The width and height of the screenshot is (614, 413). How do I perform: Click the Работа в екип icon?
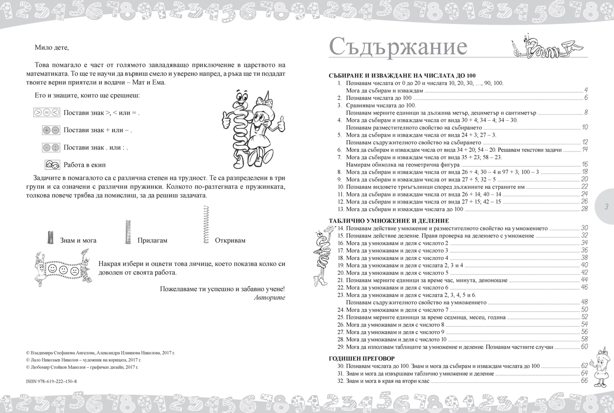click(x=51, y=165)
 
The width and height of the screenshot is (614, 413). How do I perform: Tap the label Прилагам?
click(x=152, y=241)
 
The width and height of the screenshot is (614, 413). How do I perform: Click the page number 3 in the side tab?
click(x=605, y=207)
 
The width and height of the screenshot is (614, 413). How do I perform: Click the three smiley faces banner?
click(x=61, y=269)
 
